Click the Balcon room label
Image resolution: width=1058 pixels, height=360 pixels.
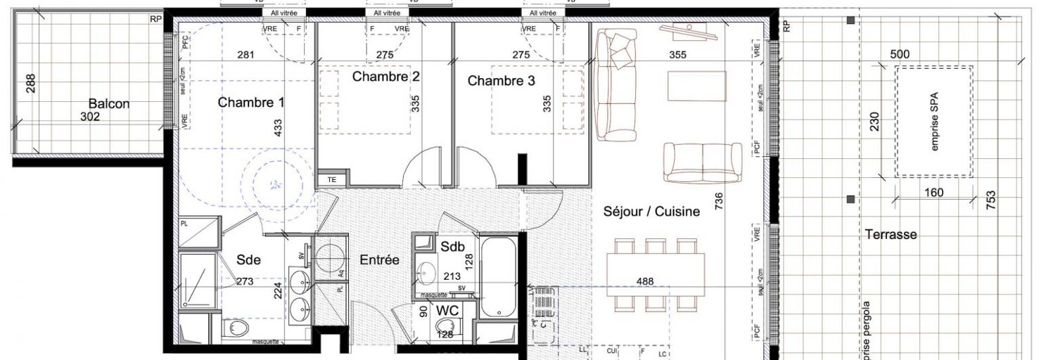point(109,103)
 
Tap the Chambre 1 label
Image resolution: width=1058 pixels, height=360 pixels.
point(251,103)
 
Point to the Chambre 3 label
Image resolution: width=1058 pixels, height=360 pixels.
point(501,81)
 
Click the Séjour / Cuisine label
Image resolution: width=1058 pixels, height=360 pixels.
point(651,211)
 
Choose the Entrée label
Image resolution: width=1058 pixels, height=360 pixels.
point(380,260)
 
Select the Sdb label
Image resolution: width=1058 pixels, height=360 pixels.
point(452,247)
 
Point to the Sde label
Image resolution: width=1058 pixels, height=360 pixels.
point(248,259)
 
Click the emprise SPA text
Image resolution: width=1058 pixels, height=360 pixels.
point(935,122)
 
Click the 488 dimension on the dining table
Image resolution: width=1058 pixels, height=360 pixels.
point(644,281)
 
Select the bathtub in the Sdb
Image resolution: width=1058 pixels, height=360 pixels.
point(499,278)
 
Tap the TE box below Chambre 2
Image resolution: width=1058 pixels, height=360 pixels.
point(332,179)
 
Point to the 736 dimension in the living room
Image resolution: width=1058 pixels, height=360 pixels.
point(718,200)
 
